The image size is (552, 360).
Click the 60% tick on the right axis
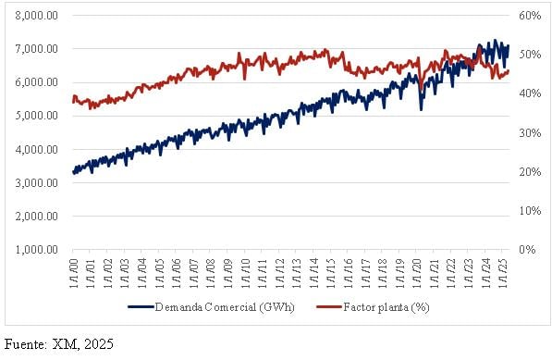tap(529, 16)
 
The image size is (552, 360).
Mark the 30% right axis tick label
tap(529, 132)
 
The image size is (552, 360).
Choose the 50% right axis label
tap(529, 55)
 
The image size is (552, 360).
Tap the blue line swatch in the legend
tap(140, 305)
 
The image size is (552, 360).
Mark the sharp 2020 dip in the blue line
tap(422, 108)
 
